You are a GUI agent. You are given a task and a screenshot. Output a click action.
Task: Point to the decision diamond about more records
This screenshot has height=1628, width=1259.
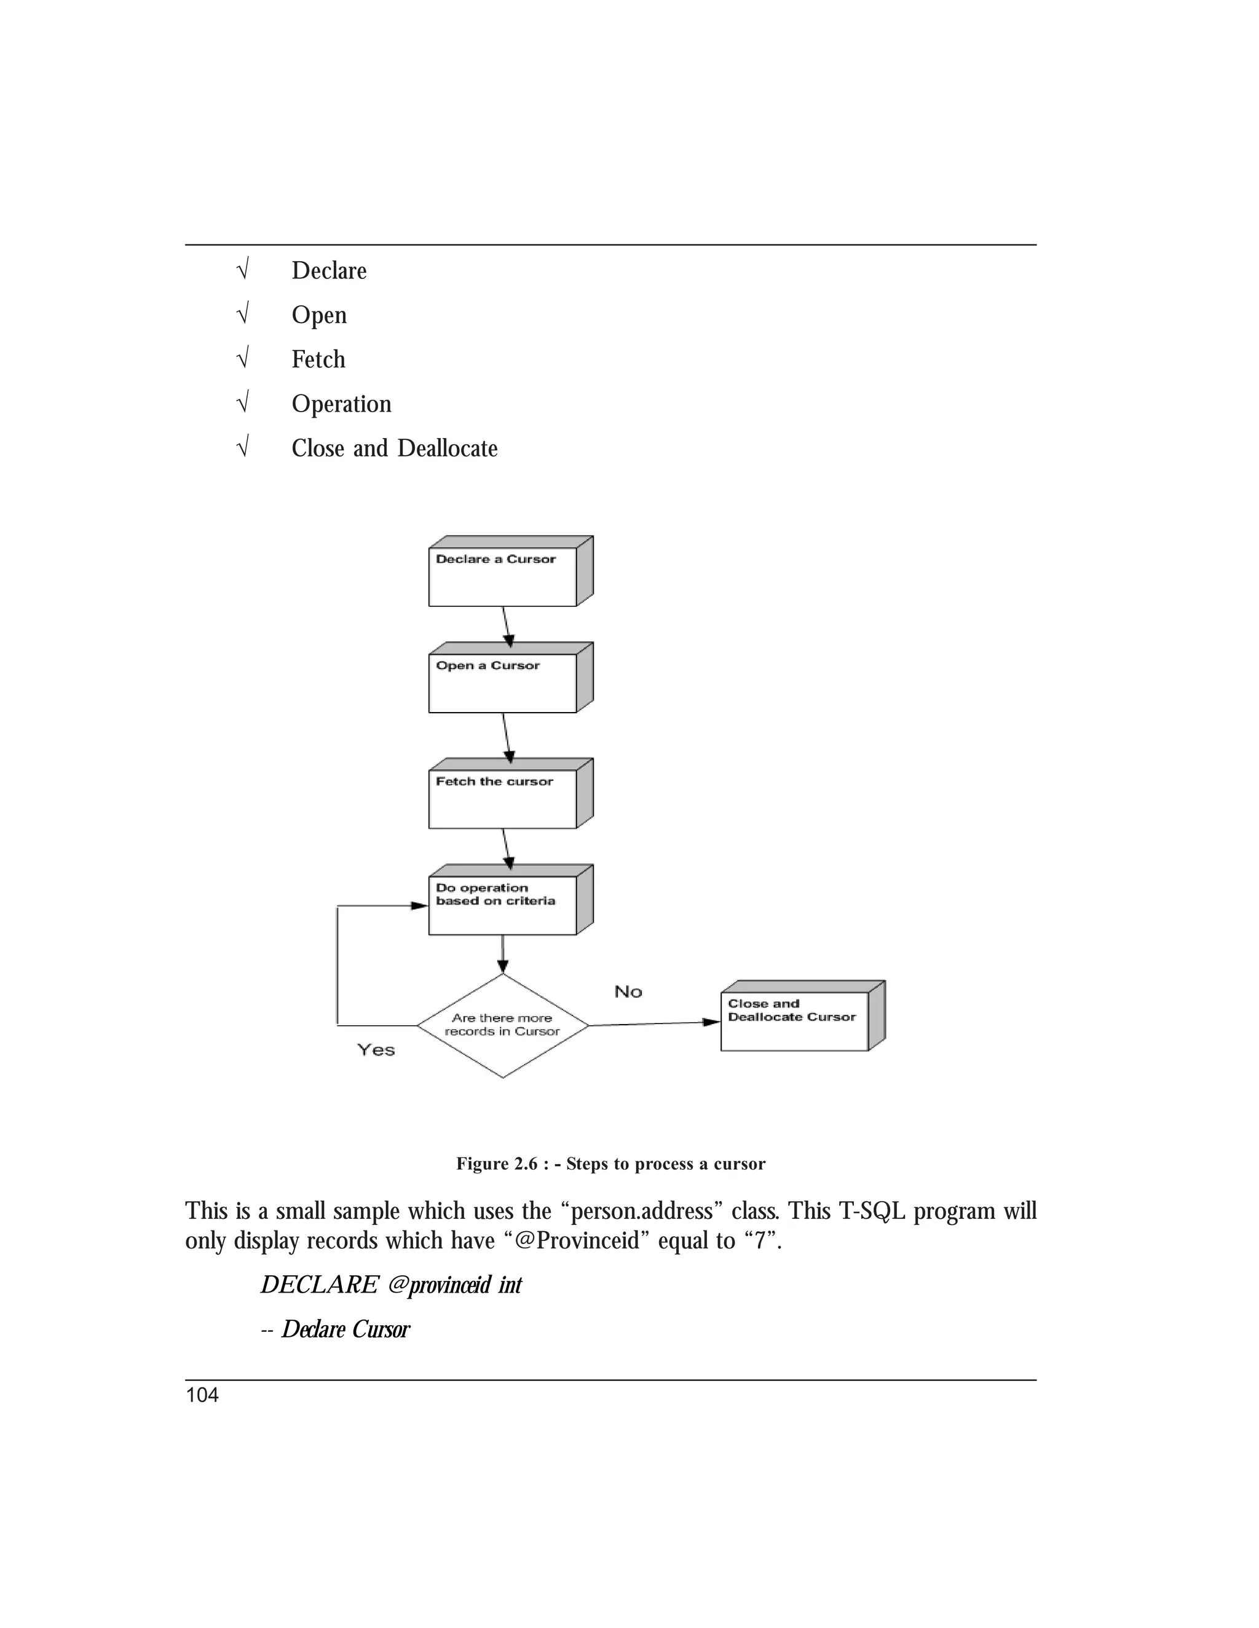pos(502,1026)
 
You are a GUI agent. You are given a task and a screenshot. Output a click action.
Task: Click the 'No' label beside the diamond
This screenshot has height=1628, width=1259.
pos(628,992)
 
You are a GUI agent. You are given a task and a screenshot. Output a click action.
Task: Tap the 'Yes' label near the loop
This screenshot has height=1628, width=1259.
pos(376,1049)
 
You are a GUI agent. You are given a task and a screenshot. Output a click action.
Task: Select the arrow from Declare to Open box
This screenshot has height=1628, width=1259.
pos(507,626)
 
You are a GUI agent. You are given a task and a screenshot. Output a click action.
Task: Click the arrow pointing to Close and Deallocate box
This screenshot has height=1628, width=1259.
pos(653,1023)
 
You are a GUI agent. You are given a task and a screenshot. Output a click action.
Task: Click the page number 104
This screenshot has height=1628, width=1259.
pos(202,1395)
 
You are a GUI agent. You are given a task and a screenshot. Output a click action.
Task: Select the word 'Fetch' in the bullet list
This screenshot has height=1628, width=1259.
pos(318,359)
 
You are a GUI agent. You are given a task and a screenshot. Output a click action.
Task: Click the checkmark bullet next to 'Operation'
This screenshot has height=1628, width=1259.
pos(242,403)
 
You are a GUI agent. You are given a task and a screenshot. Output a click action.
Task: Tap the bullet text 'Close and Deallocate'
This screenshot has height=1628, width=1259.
pos(395,448)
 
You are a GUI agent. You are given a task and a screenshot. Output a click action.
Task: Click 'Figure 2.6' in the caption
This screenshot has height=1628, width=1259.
pos(497,1164)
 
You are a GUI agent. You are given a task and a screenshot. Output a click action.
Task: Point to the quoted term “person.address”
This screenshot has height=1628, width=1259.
pos(641,1211)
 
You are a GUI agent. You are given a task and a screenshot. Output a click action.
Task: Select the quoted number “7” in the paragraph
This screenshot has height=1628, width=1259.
pos(761,1240)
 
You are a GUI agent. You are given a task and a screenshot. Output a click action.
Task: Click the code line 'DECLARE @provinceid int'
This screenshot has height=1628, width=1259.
pos(391,1285)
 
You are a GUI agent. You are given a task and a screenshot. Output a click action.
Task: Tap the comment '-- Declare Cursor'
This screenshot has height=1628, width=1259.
pos(336,1329)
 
